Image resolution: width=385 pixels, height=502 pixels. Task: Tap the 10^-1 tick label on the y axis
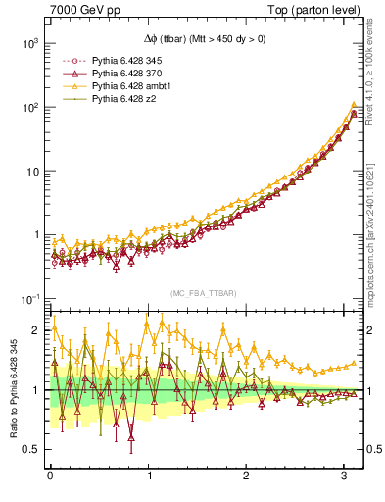tap(26, 298)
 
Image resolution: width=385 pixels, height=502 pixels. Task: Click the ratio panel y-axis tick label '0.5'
tap(31, 449)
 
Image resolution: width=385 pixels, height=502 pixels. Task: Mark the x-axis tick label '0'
tap(50, 477)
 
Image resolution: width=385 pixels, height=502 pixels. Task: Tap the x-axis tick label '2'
tap(247, 477)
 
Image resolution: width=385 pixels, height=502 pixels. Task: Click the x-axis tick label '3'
tap(345, 477)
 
